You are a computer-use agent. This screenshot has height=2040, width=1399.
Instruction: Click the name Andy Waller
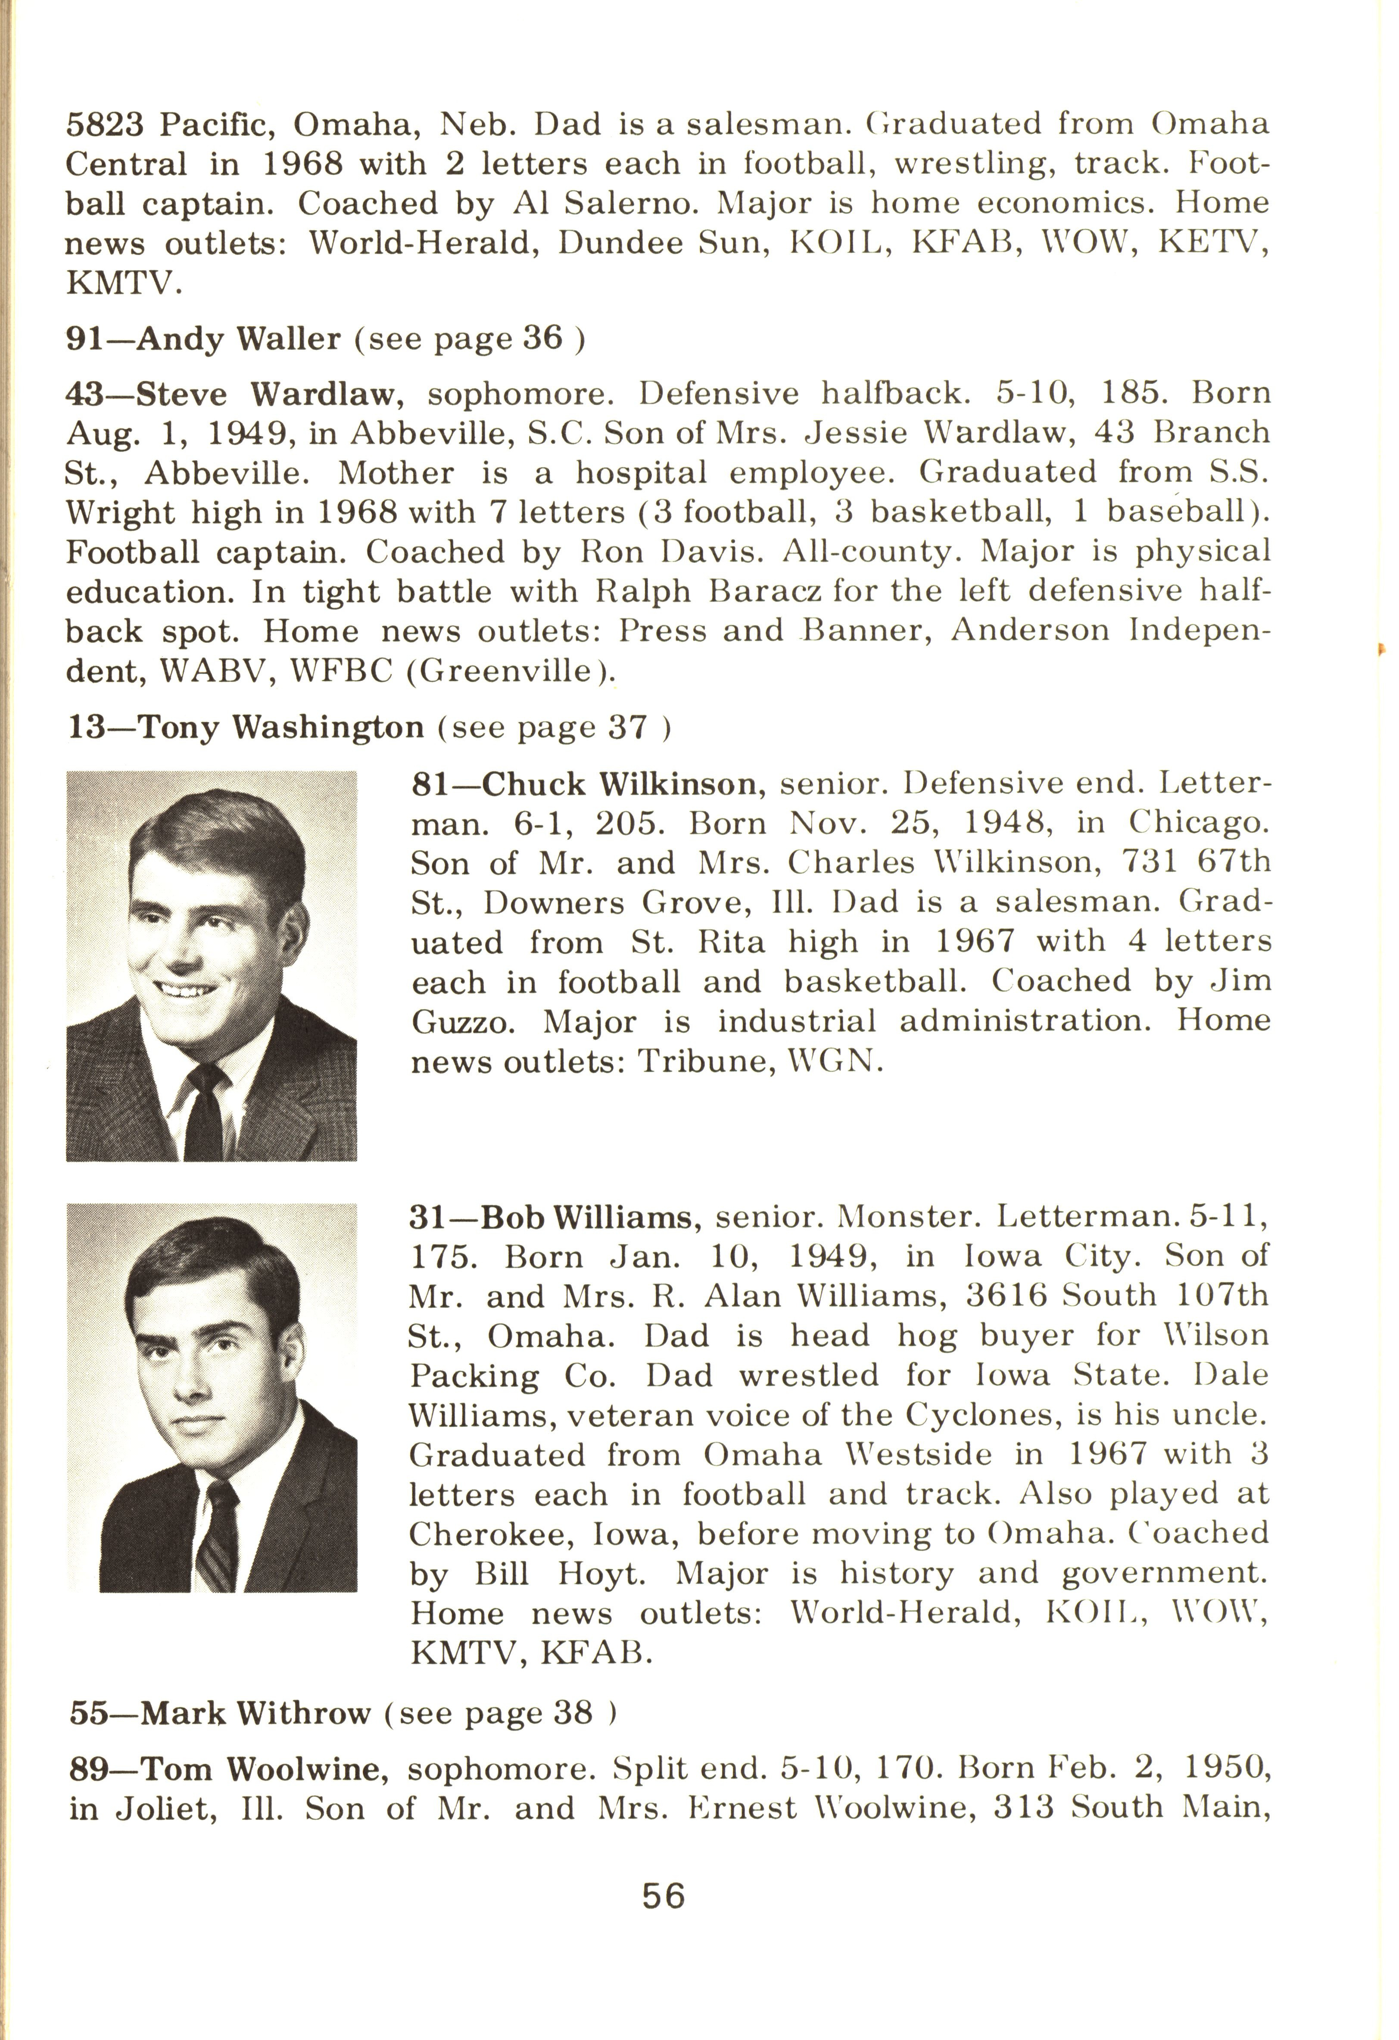[239, 339]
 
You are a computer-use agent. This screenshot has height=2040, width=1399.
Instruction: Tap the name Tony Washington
[281, 728]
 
